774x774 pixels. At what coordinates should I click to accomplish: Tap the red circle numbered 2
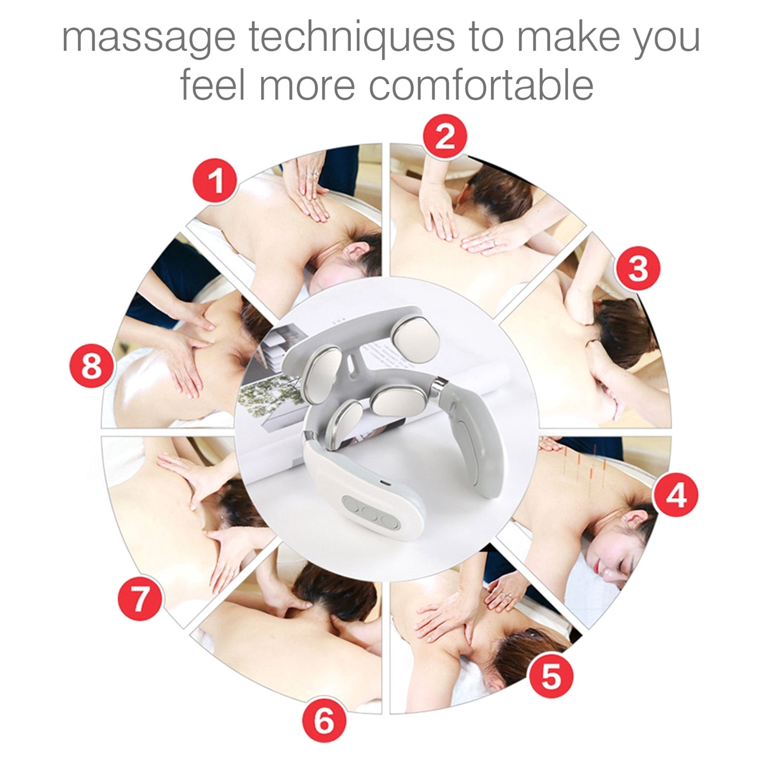coord(445,137)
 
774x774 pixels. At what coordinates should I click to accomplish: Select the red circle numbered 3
coord(637,268)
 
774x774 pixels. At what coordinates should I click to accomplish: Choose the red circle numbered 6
coord(324,720)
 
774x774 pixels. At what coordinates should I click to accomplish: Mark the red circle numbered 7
coord(140,599)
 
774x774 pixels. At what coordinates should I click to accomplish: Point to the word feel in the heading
coord(213,85)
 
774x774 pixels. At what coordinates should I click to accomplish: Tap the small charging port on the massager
coord(382,482)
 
